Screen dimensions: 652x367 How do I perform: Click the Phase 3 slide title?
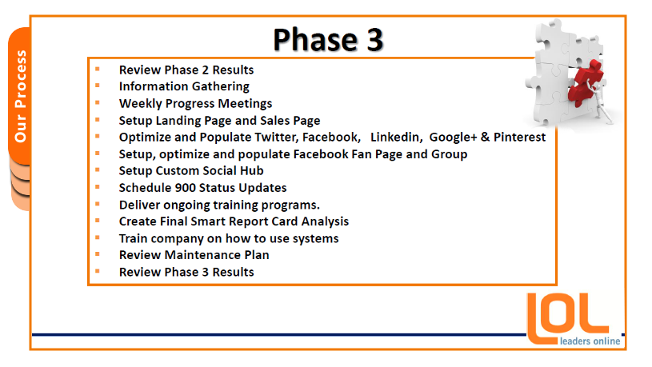(328, 40)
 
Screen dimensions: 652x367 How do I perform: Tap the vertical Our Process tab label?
(20, 96)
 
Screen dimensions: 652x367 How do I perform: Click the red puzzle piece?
(585, 82)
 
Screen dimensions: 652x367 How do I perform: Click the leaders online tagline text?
(590, 341)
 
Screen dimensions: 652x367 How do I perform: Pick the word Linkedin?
(396, 138)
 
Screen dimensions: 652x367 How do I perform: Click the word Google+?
(453, 138)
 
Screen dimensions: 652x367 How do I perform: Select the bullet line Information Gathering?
(184, 86)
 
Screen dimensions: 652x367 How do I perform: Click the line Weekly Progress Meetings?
(195, 103)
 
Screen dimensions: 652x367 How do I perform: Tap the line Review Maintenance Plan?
(194, 255)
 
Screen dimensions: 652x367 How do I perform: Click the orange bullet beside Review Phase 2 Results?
(98, 69)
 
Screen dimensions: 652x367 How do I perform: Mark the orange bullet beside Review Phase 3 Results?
(98, 271)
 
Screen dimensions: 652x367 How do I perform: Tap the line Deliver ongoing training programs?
(219, 205)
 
